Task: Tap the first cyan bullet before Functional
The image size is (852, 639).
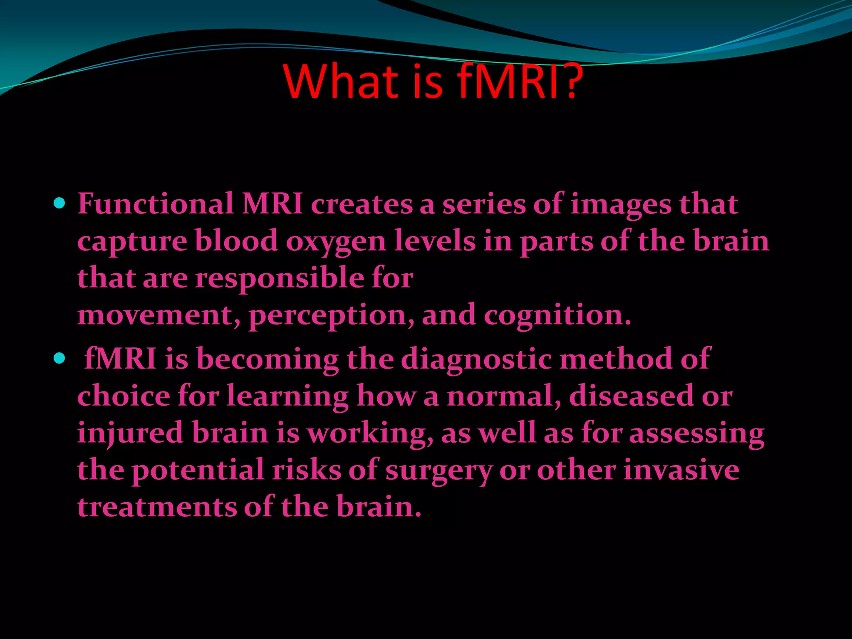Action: [60, 203]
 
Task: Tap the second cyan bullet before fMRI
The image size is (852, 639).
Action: [60, 358]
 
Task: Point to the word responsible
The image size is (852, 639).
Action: [280, 278]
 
